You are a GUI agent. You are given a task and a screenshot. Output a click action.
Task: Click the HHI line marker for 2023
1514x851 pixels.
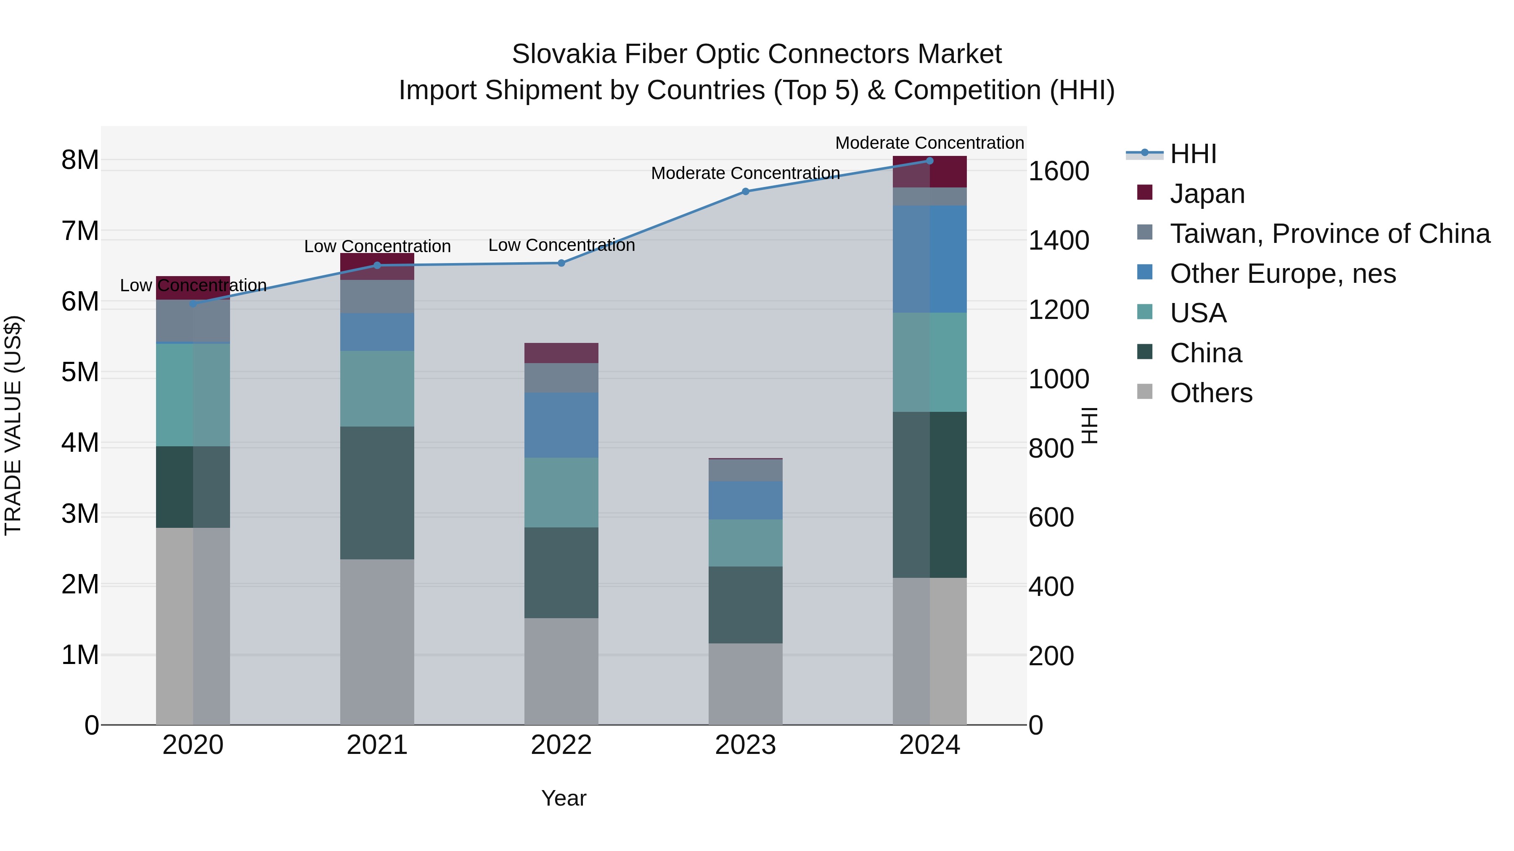point(745,192)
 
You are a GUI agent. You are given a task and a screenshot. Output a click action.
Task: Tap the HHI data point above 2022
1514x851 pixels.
point(561,263)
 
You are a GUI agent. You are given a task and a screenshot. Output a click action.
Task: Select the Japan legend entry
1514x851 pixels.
point(1207,193)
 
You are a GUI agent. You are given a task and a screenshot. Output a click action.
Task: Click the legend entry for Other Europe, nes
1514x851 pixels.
point(1282,273)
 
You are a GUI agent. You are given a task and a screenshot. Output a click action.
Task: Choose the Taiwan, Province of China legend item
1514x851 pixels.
point(1329,233)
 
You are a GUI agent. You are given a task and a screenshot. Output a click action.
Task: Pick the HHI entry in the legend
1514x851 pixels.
point(1193,154)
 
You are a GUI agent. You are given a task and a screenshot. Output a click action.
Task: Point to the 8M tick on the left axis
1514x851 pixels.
point(80,160)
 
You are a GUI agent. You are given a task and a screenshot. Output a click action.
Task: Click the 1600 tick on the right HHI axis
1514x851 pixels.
point(1059,171)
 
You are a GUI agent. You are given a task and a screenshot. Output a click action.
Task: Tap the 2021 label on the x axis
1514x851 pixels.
point(377,745)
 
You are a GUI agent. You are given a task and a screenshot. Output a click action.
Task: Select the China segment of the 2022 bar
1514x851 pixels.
point(561,573)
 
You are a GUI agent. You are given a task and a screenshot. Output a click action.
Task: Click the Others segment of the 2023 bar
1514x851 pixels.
point(745,684)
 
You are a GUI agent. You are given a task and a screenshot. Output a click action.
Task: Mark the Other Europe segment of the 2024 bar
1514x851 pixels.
point(929,258)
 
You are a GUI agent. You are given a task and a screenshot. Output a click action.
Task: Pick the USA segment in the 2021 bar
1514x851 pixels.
point(377,389)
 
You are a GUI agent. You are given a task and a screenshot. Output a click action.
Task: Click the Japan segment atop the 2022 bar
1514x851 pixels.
point(561,353)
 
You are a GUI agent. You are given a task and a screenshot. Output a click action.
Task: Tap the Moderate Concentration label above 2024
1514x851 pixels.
point(929,143)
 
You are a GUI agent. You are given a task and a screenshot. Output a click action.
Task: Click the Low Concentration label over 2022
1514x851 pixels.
point(561,245)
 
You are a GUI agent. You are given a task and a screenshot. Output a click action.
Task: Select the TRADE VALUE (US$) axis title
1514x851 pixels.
point(13,425)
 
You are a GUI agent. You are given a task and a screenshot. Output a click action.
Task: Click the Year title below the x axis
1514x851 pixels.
point(564,798)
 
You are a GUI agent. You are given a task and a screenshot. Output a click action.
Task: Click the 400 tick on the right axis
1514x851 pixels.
point(1051,587)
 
